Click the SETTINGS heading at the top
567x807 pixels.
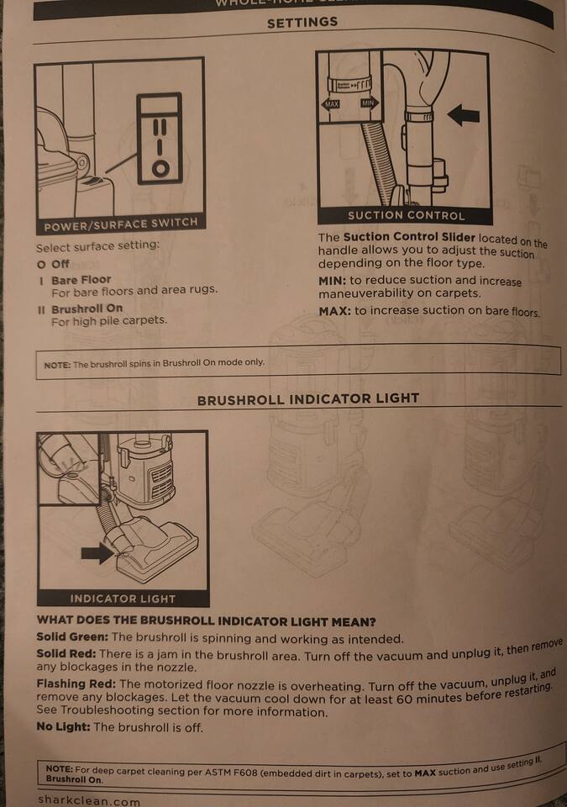point(302,22)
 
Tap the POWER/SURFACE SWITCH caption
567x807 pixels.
point(121,224)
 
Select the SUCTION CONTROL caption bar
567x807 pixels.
point(406,216)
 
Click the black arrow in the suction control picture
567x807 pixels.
point(464,115)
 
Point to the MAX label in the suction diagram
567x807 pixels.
point(331,104)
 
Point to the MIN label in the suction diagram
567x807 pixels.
point(369,103)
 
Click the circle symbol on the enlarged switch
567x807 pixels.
point(160,168)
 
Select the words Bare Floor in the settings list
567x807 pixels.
point(81,280)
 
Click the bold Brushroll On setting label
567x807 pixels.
point(87,309)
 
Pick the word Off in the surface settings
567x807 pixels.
point(60,264)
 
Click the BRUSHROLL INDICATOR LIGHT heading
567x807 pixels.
point(308,399)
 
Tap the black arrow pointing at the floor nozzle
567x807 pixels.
point(97,553)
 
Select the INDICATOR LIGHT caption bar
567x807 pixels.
point(123,599)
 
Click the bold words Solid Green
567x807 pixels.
point(72,636)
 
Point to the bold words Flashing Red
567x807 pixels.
point(76,684)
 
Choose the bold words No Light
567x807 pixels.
point(63,726)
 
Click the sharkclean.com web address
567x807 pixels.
point(89,801)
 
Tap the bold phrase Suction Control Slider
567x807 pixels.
point(409,237)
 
